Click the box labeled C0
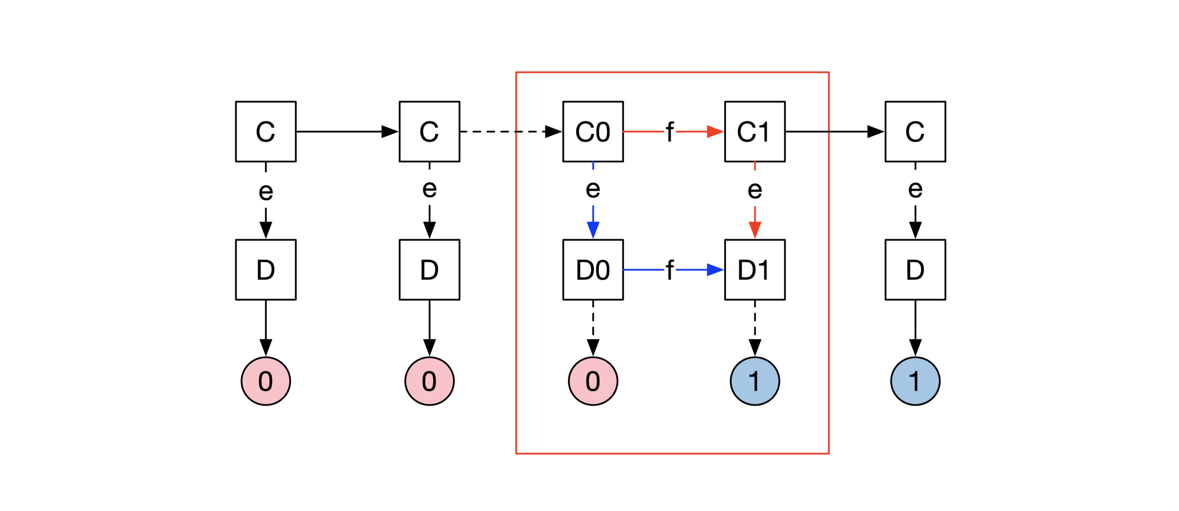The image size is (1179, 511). click(x=593, y=131)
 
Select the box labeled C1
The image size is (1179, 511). click(x=755, y=131)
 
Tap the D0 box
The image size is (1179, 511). click(x=593, y=270)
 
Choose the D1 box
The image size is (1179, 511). click(x=755, y=270)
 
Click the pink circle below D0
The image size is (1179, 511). click(x=593, y=381)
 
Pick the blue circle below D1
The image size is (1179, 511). click(x=755, y=381)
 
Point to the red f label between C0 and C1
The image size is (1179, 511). click(x=669, y=132)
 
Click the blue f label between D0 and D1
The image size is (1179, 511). click(x=669, y=270)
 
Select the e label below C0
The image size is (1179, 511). click(x=593, y=188)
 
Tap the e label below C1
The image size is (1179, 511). click(x=755, y=189)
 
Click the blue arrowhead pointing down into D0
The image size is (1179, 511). click(x=593, y=230)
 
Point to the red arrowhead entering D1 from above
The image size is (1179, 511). click(x=755, y=230)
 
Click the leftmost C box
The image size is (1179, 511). click(x=265, y=131)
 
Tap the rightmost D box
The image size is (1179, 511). click(x=915, y=270)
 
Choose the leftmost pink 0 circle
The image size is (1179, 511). click(x=265, y=381)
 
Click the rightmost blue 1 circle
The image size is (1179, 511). click(x=915, y=381)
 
